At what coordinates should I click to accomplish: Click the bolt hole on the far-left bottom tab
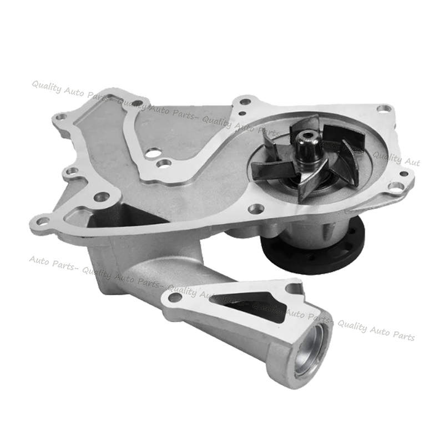(x=43, y=220)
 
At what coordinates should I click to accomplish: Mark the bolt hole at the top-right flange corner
(x=383, y=108)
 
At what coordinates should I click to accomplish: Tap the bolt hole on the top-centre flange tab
(x=244, y=102)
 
